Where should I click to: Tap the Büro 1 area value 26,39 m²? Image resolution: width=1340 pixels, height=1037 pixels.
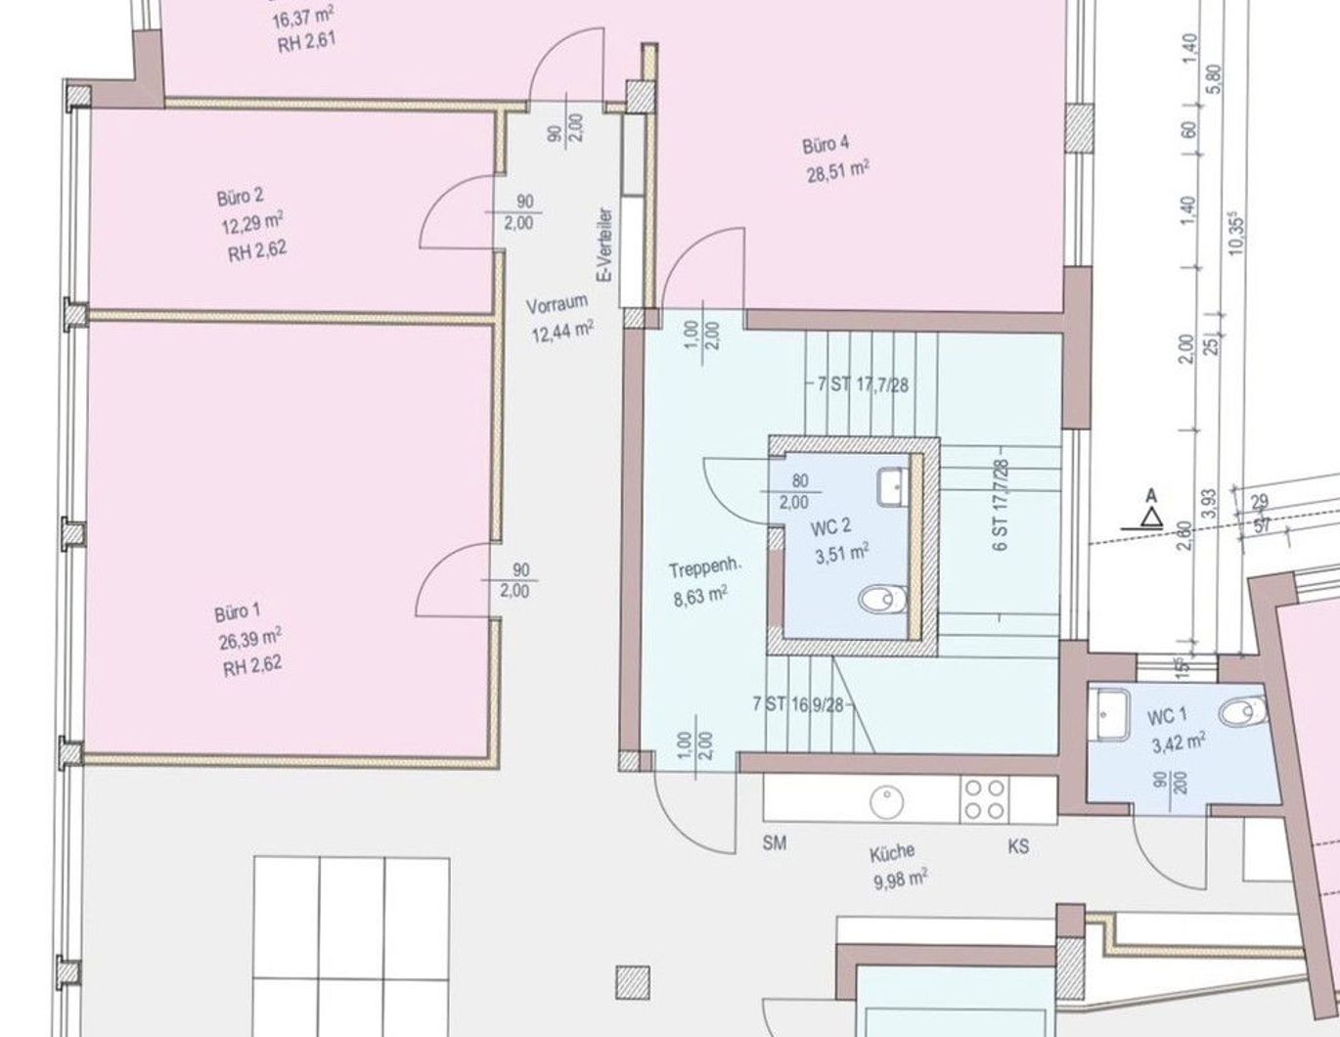250,640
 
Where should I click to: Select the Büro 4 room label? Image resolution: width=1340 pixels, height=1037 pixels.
826,146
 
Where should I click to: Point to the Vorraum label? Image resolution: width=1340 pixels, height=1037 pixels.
557,305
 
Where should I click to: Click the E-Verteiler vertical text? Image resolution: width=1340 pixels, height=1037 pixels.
606,245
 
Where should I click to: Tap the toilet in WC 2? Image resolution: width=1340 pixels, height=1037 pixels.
882,600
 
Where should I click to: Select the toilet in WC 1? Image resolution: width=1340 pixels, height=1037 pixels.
1242,712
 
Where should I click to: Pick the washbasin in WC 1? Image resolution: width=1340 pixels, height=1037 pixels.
1113,713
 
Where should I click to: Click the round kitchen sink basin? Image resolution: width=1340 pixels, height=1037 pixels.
887,802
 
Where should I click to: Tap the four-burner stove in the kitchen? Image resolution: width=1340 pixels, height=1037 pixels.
984,799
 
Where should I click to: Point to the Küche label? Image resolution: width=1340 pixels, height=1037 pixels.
892,854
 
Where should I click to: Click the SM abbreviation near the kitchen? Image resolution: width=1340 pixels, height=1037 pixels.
775,842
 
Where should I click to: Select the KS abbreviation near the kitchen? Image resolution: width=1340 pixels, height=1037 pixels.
1018,846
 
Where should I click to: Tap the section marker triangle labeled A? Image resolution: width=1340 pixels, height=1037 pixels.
1150,518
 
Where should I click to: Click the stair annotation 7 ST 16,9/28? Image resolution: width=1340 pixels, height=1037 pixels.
798,704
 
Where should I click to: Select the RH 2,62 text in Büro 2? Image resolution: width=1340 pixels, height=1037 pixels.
257,252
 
